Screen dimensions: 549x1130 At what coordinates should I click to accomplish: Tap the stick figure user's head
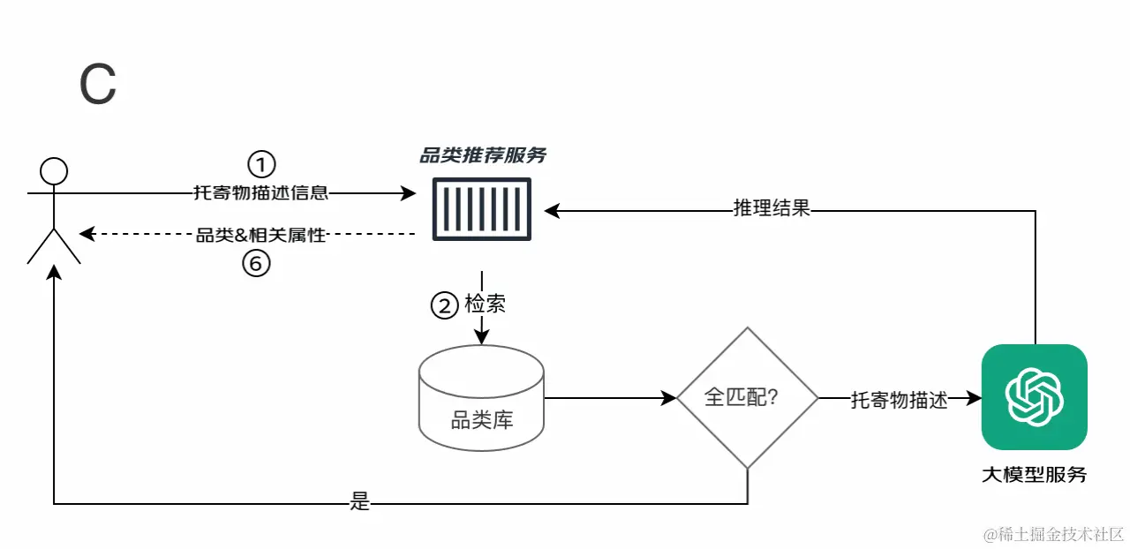[x=55, y=169]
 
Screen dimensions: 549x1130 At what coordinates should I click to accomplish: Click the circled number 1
[x=260, y=164]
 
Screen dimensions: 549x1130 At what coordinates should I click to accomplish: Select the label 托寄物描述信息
[x=260, y=192]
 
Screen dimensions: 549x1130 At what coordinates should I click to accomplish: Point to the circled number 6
[x=256, y=263]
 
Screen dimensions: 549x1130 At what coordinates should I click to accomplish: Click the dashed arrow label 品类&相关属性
[x=260, y=235]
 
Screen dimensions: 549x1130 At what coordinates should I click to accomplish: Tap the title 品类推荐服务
[x=482, y=156]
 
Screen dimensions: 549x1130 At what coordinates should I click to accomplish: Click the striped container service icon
[x=482, y=209]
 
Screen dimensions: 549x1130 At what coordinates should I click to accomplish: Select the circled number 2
[x=443, y=305]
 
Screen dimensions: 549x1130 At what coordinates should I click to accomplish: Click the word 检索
[x=485, y=305]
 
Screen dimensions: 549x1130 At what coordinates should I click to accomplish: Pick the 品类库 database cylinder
[x=481, y=397]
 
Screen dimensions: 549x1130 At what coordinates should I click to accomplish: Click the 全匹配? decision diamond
[x=747, y=398]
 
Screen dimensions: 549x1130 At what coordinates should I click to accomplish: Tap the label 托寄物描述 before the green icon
[x=899, y=399]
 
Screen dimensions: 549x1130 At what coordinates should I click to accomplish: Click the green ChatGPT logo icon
[x=1034, y=397]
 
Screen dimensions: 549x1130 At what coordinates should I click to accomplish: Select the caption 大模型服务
[x=1034, y=474]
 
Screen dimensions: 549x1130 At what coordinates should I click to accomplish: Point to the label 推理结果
[x=772, y=209]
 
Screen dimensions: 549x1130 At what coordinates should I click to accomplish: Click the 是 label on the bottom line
[x=359, y=503]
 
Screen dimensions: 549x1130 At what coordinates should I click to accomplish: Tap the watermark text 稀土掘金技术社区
[x=1054, y=534]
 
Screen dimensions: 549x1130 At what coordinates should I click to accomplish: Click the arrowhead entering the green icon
[x=975, y=398]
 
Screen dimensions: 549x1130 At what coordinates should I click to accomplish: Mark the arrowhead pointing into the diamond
[x=670, y=398]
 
